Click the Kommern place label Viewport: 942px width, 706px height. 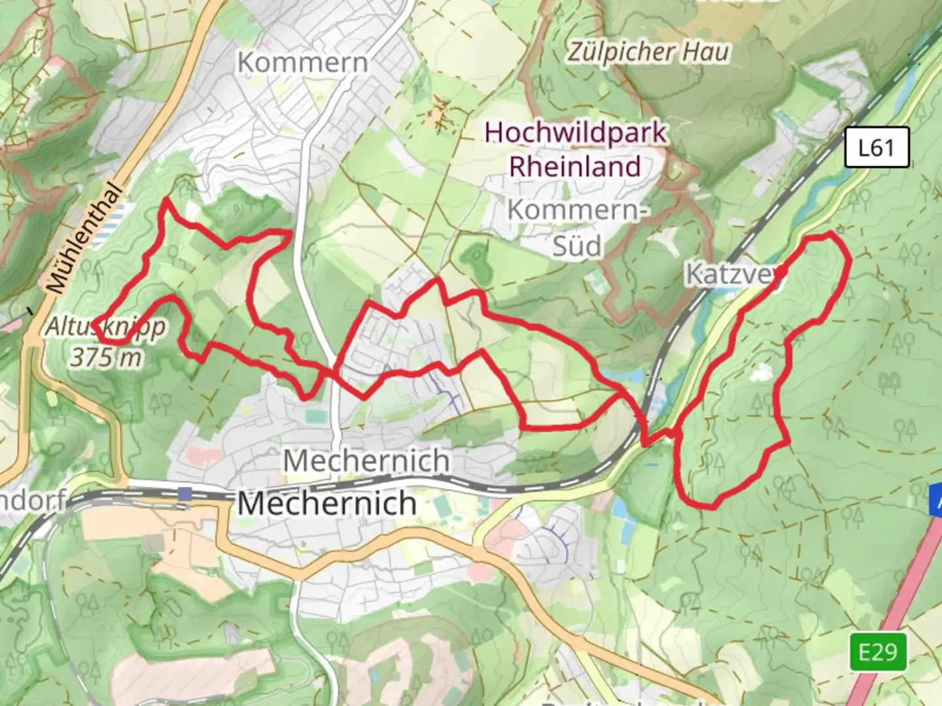303,63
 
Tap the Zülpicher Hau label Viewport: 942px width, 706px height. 648,52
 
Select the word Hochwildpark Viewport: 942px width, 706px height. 575,133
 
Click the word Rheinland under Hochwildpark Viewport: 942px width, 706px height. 575,167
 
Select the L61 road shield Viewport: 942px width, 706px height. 876,148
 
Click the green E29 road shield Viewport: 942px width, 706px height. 878,652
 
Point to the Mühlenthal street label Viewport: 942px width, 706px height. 84,239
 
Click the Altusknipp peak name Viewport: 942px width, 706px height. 105,327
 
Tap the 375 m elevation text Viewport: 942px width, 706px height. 105,358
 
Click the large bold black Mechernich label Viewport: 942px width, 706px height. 326,503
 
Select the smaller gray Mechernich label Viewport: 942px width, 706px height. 366,461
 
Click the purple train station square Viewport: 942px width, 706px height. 185,494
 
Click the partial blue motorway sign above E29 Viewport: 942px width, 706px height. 935,500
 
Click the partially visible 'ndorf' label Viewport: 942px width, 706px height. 33,501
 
